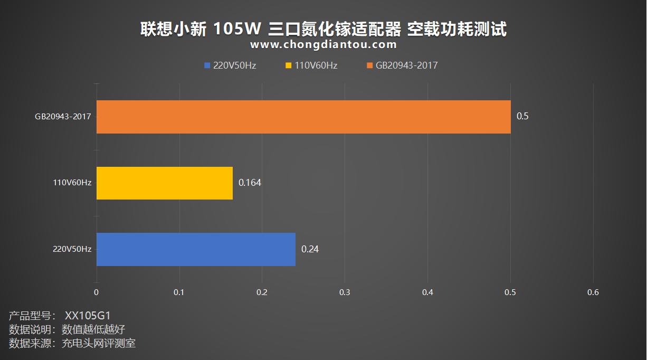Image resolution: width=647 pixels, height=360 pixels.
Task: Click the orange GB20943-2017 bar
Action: tap(303, 117)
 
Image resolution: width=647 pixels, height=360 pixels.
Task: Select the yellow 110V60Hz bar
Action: tap(165, 183)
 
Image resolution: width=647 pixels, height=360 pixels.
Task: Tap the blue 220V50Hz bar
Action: tap(196, 249)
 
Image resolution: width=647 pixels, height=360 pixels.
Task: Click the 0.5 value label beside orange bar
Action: tap(522, 117)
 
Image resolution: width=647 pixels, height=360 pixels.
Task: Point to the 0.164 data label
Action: tap(250, 183)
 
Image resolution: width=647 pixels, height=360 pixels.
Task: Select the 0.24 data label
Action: tap(310, 249)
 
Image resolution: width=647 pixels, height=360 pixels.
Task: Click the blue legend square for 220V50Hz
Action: tap(207, 66)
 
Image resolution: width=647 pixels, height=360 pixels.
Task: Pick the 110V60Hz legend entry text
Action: tap(316, 66)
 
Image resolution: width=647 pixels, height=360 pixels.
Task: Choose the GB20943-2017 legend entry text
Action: tap(406, 66)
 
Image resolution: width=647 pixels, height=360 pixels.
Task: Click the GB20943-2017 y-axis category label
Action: tap(63, 116)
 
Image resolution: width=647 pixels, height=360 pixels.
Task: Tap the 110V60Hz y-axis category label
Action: tap(72, 183)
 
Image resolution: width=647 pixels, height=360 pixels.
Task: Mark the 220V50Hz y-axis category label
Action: tap(72, 249)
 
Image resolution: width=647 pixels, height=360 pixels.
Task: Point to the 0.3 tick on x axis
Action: tap(345, 292)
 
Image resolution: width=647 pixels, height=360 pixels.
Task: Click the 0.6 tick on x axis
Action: tap(593, 292)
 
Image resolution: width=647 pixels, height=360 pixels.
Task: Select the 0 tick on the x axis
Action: tap(96, 292)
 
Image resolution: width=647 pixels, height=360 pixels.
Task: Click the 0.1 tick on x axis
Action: tap(179, 292)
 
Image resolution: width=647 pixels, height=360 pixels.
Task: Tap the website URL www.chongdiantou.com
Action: tap(323, 45)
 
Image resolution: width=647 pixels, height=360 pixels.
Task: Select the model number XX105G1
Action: tap(88, 316)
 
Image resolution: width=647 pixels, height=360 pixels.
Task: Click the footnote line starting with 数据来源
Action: tap(72, 344)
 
